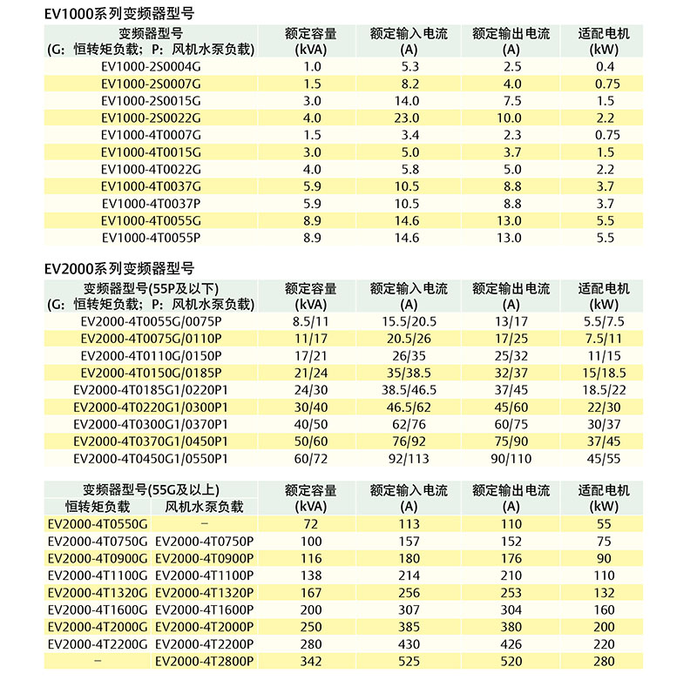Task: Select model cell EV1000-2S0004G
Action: [151, 66]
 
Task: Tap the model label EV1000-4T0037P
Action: [151, 203]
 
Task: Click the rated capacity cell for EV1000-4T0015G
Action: [312, 151]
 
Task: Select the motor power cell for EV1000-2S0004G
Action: [606, 66]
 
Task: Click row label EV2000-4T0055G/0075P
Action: [151, 321]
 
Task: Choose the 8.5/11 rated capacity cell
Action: [311, 321]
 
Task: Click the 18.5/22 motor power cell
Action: [606, 389]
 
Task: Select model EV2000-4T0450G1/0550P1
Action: [151, 458]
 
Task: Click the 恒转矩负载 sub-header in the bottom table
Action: [98, 506]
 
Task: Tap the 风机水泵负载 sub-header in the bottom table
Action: [204, 506]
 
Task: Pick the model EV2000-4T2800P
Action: [204, 662]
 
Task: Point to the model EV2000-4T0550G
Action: [98, 524]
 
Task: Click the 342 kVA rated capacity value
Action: [311, 662]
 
